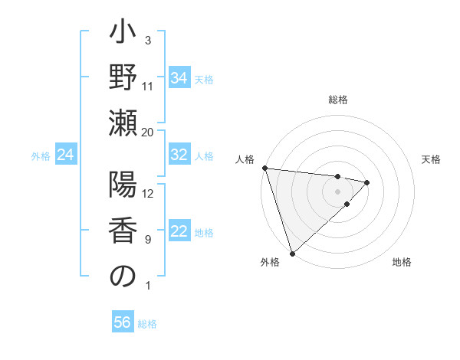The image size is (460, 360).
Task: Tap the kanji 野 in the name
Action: tap(123, 78)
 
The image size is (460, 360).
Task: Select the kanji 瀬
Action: tap(123, 124)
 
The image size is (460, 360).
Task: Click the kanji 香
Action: tap(123, 231)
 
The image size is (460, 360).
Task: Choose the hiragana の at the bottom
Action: tap(123, 277)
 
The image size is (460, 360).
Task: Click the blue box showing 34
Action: tap(179, 78)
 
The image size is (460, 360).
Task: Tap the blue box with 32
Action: tap(179, 155)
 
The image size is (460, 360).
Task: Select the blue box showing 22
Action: tap(179, 231)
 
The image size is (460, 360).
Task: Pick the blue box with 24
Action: tap(66, 155)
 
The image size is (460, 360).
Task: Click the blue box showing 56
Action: tap(123, 322)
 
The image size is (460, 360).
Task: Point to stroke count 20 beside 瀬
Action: tap(148, 133)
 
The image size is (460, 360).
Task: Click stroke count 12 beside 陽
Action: tap(148, 194)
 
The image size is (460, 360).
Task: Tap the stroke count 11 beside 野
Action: tap(148, 87)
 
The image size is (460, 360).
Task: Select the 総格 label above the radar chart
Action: tap(338, 100)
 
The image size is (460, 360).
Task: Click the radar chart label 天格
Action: tap(432, 159)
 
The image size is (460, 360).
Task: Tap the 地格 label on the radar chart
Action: tap(402, 263)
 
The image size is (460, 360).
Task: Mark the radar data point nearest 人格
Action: tap(264, 168)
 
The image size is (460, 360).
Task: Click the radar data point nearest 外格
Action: tap(292, 253)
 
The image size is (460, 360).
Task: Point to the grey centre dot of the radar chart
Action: tap(338, 190)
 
